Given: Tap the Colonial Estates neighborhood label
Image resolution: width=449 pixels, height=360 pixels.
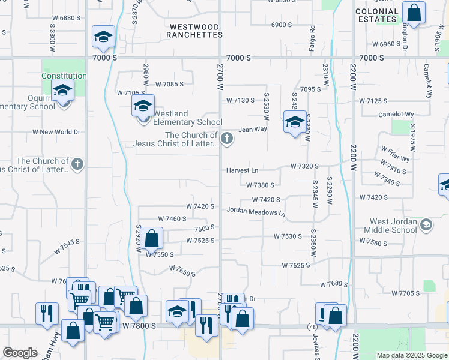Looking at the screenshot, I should [377, 15].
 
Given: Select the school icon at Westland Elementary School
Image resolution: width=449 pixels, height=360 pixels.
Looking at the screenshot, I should [143, 106].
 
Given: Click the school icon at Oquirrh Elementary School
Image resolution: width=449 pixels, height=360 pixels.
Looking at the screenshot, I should [62, 91].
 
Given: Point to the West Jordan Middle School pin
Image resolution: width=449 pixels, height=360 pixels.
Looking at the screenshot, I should [426, 226].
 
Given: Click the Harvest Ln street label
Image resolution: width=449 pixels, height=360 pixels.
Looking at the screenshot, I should [242, 170].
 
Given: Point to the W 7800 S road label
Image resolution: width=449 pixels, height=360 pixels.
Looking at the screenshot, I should [139, 325].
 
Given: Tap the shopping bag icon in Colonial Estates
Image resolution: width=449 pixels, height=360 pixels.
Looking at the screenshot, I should [414, 12].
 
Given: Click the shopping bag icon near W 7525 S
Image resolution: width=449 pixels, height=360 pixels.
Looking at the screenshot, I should [152, 238].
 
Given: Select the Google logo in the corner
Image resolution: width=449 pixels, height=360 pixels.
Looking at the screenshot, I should [20, 353].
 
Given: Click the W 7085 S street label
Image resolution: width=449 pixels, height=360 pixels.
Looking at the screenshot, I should [169, 85].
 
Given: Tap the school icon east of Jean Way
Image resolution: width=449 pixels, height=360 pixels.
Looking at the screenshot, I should [294, 124].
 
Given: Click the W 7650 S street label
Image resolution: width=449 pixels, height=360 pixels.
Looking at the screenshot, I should [182, 271].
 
